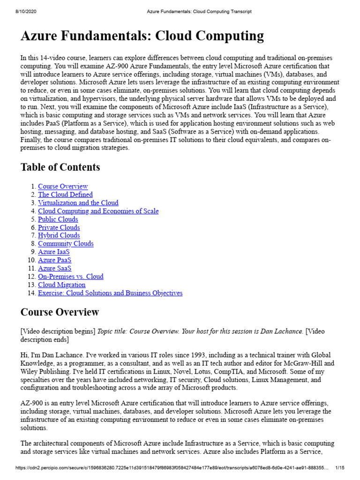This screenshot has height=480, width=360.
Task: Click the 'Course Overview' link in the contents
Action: click(63, 187)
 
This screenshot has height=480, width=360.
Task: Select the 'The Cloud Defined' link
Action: click(65, 195)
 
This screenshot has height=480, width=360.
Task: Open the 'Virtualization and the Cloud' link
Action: click(78, 203)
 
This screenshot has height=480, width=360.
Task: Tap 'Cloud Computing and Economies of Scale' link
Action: click(98, 211)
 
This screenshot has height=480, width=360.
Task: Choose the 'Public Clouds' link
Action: click(58, 219)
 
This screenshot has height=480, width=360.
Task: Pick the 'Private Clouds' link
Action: click(59, 227)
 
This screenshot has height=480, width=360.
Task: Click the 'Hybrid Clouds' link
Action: click(59, 235)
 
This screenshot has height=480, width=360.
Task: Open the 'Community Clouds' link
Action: click(66, 244)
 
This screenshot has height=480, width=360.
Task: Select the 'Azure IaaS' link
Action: click(53, 252)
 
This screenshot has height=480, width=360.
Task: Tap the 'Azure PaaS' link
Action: click(54, 260)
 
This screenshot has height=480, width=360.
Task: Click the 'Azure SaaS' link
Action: click(54, 268)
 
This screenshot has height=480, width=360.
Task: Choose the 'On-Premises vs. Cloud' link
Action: click(70, 277)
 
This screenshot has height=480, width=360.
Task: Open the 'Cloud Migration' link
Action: click(61, 285)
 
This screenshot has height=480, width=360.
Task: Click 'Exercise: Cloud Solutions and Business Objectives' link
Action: click(110, 293)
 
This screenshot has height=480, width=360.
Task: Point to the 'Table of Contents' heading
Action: click(60, 167)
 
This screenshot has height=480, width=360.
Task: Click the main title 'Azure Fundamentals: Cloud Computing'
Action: click(142, 36)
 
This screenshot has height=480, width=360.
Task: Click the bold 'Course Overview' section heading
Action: click(60, 312)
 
